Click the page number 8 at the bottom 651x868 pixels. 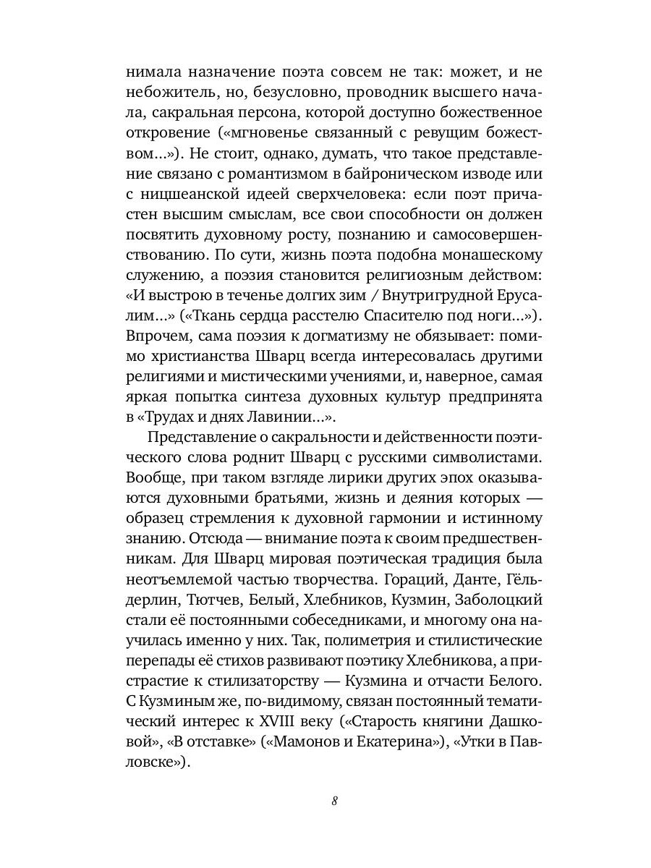[334, 801]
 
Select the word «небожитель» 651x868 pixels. [169, 93]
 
